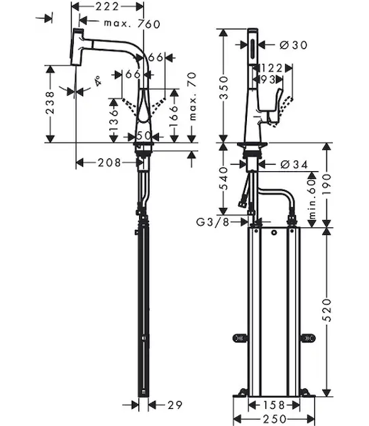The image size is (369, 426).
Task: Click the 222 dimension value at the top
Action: pyautogui.click(x=106, y=6)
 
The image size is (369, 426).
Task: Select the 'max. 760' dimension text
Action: pyautogui.click(x=132, y=24)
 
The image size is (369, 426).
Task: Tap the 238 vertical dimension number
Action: pyautogui.click(x=50, y=103)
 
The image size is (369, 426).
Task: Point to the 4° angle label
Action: pyautogui.click(x=98, y=81)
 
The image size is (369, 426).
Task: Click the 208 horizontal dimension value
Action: pyautogui.click(x=109, y=163)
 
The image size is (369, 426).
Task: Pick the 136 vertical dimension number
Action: pyautogui.click(x=114, y=121)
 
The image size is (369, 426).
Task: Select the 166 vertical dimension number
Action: pyautogui.click(x=174, y=116)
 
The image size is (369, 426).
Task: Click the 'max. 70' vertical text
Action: pyautogui.click(x=192, y=96)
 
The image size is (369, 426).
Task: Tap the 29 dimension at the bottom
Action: pyautogui.click(x=175, y=405)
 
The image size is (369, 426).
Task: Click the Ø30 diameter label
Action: pyautogui.click(x=293, y=45)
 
